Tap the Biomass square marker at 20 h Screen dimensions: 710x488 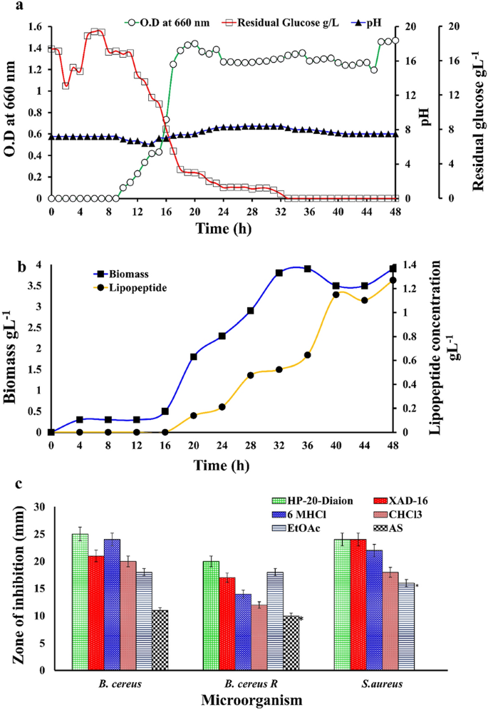(x=193, y=356)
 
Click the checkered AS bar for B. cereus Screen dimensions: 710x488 (x=160, y=639)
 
